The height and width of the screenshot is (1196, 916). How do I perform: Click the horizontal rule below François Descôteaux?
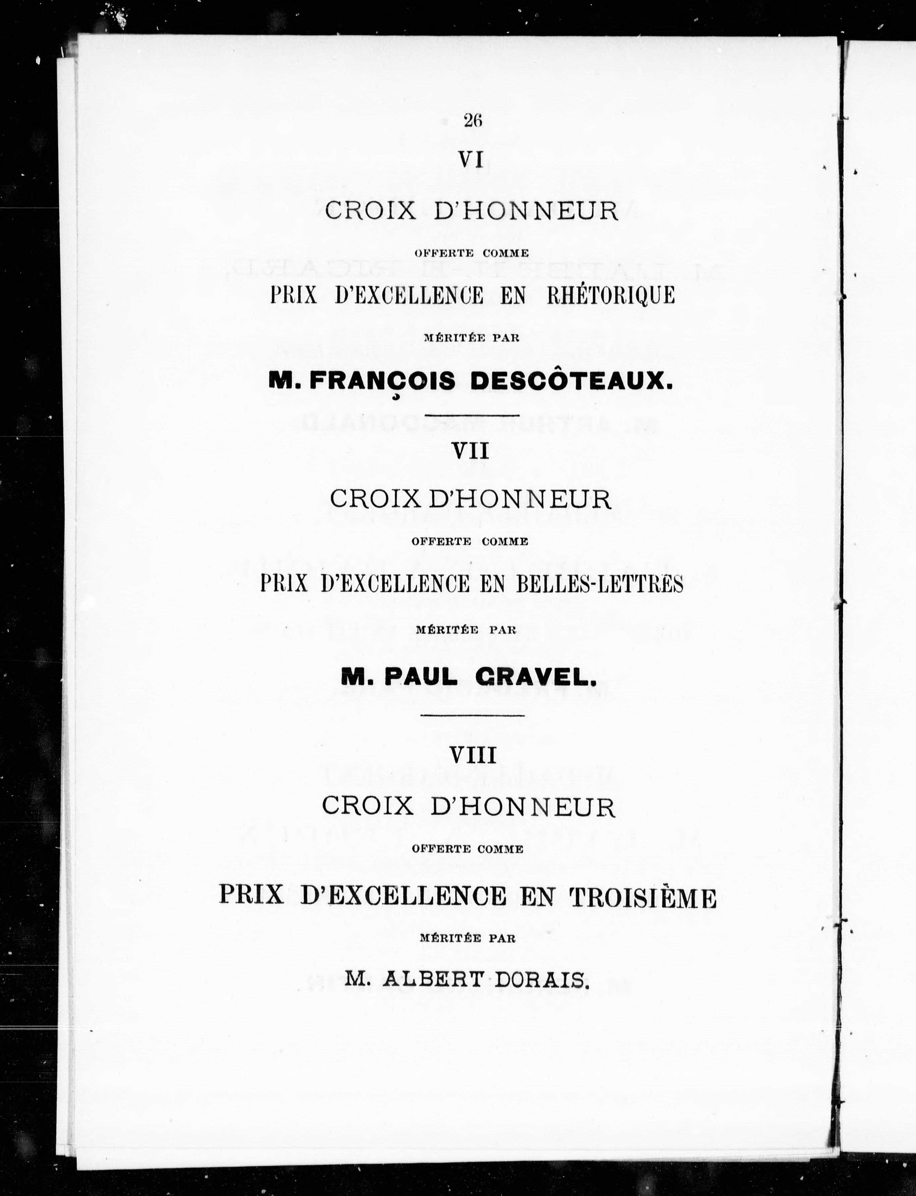coord(472,415)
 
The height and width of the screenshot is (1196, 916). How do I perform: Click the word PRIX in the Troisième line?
coord(251,896)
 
